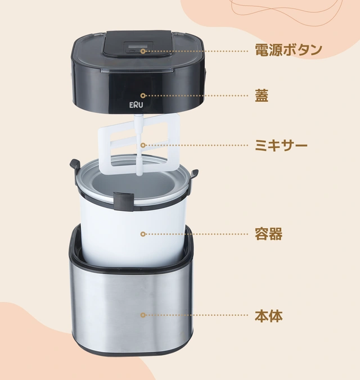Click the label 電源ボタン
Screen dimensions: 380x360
(x=289, y=50)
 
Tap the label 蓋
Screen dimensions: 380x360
(x=262, y=96)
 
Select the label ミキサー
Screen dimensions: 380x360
(x=281, y=145)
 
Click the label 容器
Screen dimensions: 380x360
(x=268, y=233)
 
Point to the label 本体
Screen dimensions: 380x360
(x=268, y=315)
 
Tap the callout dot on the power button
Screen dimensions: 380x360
(x=143, y=51)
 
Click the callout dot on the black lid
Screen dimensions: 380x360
(x=143, y=96)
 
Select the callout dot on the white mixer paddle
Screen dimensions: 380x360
(x=143, y=145)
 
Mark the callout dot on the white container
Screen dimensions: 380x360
(x=143, y=233)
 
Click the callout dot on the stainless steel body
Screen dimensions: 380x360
(x=143, y=315)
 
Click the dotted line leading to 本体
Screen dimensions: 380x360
(x=197, y=315)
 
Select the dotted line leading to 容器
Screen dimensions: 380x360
(x=197, y=233)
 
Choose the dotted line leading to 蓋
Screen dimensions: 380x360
(x=197, y=96)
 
